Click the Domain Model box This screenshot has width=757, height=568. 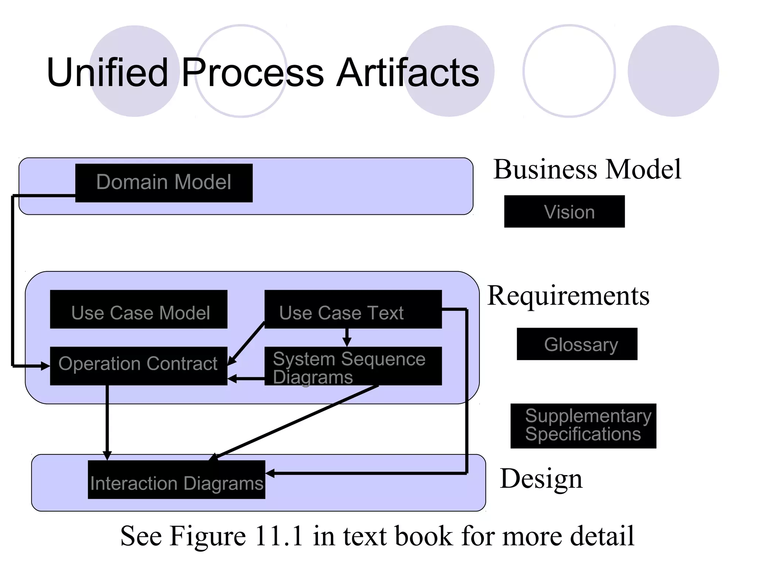[164, 183]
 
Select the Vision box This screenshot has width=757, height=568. [564, 212]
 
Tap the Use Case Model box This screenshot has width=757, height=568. [139, 309]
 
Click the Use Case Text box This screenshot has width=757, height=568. [353, 309]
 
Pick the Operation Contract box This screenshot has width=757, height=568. [139, 365]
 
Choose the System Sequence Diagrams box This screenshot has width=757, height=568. [353, 366]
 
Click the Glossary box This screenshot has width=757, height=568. [577, 344]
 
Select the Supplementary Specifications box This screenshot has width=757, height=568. [583, 426]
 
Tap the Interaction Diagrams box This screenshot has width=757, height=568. [176, 480]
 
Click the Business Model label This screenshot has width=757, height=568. [587, 169]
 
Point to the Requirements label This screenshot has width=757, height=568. [568, 296]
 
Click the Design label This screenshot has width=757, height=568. [541, 479]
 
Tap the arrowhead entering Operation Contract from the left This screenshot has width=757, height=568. [45, 366]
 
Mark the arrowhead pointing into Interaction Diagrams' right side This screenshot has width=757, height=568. [270, 473]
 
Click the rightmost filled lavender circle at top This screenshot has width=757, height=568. [673, 71]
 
